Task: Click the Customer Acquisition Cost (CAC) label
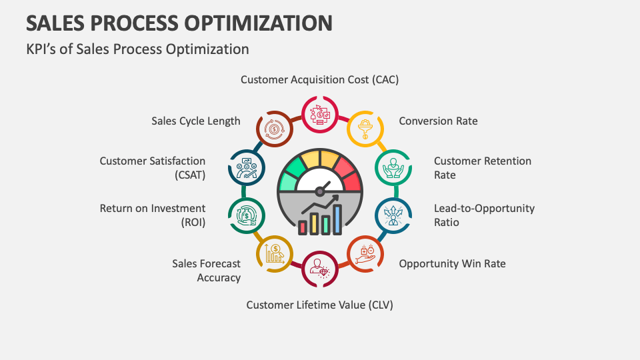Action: pyautogui.click(x=319, y=79)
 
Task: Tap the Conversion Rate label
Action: pyautogui.click(x=438, y=121)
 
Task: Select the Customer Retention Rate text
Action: pyautogui.click(x=483, y=168)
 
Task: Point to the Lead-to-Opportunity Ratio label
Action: pyautogui.click(x=484, y=215)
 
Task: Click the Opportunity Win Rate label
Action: pyautogui.click(x=452, y=264)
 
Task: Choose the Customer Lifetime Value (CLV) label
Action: pyautogui.click(x=319, y=305)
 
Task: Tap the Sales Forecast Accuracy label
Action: pyautogui.click(x=206, y=271)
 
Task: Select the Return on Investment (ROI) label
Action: pyautogui.click(x=153, y=215)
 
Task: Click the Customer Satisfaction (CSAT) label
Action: pyautogui.click(x=153, y=168)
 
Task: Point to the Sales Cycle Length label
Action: pyautogui.click(x=196, y=121)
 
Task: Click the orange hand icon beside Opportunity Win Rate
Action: pyautogui.click(x=365, y=254)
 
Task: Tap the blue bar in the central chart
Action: pyautogui.click(x=337, y=219)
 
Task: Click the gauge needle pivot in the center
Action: pyautogui.click(x=319, y=191)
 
